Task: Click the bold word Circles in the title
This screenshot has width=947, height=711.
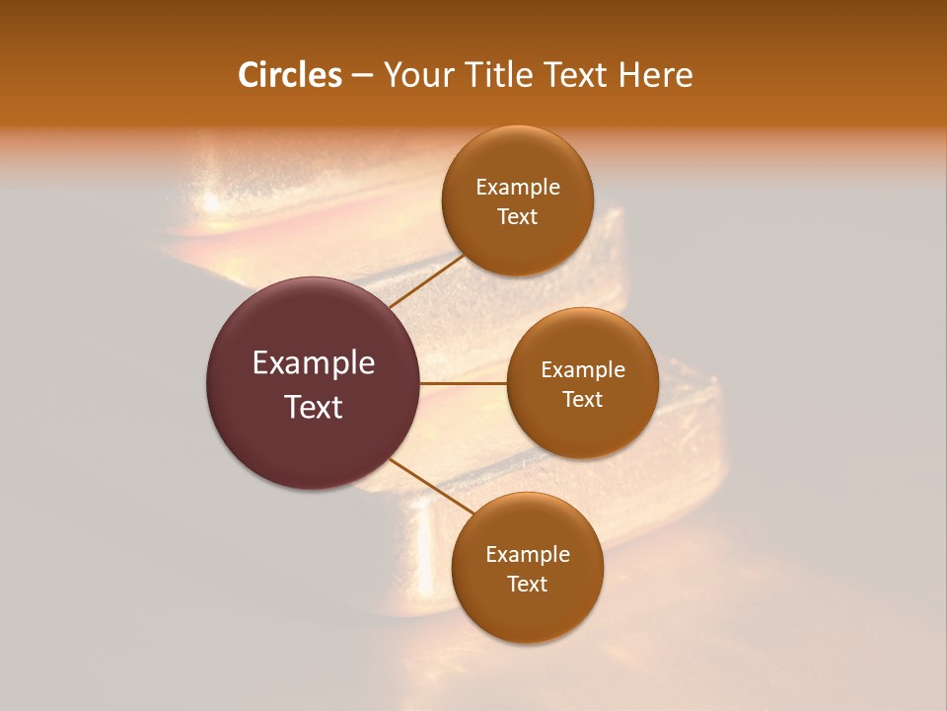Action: coord(290,75)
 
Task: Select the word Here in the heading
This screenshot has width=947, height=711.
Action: coord(655,75)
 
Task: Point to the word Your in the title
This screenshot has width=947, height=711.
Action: coord(418,75)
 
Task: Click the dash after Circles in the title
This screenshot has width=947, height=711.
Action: coord(362,76)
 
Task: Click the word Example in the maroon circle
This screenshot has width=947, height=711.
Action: coord(314,363)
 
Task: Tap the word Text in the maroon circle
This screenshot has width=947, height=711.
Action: coord(314,407)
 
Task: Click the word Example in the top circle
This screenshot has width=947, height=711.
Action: coord(518,188)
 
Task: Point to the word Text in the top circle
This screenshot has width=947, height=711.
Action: coord(518,217)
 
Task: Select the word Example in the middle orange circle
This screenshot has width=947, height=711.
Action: coord(583,370)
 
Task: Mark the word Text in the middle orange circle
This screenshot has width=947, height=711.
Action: coord(583,399)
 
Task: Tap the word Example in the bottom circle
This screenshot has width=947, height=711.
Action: coord(528,555)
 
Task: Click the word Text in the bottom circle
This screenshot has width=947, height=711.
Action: coord(528,584)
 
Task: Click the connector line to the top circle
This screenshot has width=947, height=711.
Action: coord(426,281)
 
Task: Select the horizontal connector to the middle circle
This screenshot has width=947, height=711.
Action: coord(464,382)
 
